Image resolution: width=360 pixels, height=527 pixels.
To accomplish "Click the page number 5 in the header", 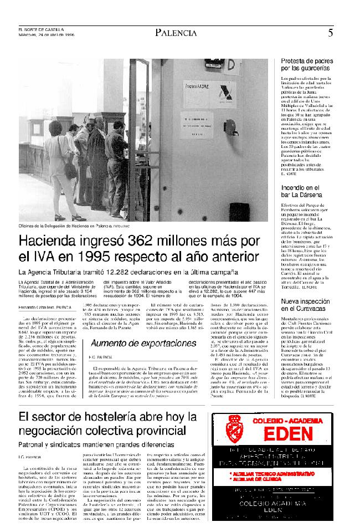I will coord(330,33).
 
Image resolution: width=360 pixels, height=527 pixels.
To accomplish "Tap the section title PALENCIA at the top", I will coord(176,33).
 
